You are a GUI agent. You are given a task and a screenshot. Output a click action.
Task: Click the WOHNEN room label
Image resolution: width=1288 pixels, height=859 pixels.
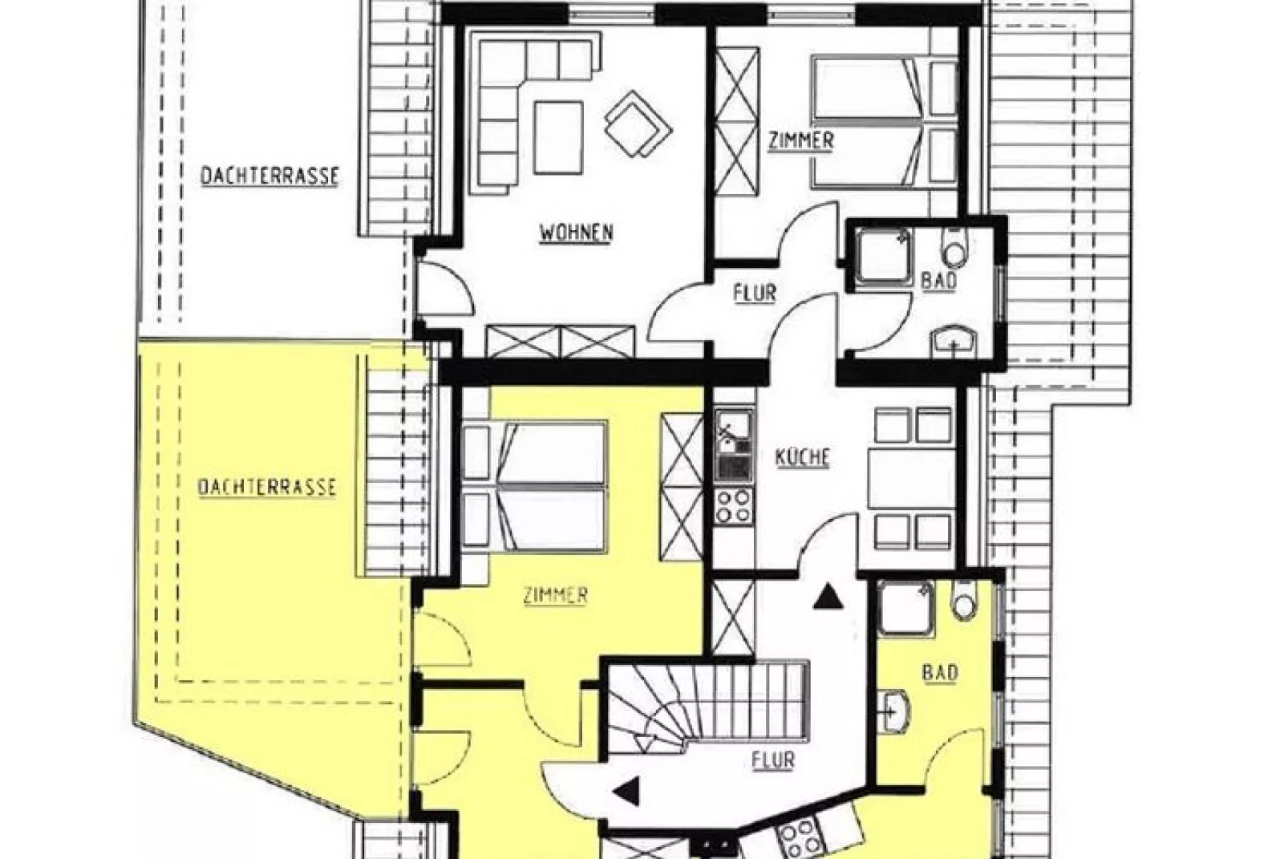click(x=576, y=233)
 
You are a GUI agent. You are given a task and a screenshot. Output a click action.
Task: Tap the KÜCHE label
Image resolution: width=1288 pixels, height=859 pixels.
click(x=802, y=458)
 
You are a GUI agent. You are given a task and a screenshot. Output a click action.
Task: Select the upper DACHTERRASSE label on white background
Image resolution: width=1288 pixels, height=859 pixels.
click(x=269, y=176)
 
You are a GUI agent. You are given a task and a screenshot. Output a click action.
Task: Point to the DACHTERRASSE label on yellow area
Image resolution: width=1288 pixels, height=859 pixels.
click(x=267, y=488)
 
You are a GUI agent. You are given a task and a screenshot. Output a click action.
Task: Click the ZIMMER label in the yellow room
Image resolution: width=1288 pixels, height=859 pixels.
click(x=556, y=596)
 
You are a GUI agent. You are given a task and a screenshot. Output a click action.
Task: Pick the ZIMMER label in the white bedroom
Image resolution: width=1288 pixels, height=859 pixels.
click(x=801, y=141)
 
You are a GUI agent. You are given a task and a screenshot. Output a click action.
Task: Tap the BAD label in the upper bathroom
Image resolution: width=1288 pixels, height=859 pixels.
click(x=939, y=282)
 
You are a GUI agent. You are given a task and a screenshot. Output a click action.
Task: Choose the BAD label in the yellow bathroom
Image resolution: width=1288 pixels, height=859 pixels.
click(x=940, y=673)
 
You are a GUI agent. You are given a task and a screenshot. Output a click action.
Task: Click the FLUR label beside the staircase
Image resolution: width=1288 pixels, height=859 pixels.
click(x=773, y=760)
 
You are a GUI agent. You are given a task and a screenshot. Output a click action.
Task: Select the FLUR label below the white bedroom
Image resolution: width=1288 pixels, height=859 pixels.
click(x=755, y=294)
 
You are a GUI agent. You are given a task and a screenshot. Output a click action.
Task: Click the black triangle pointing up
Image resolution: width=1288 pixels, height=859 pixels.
click(x=828, y=598)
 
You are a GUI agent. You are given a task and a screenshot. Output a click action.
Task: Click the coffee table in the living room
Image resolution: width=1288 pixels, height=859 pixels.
click(x=558, y=137)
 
